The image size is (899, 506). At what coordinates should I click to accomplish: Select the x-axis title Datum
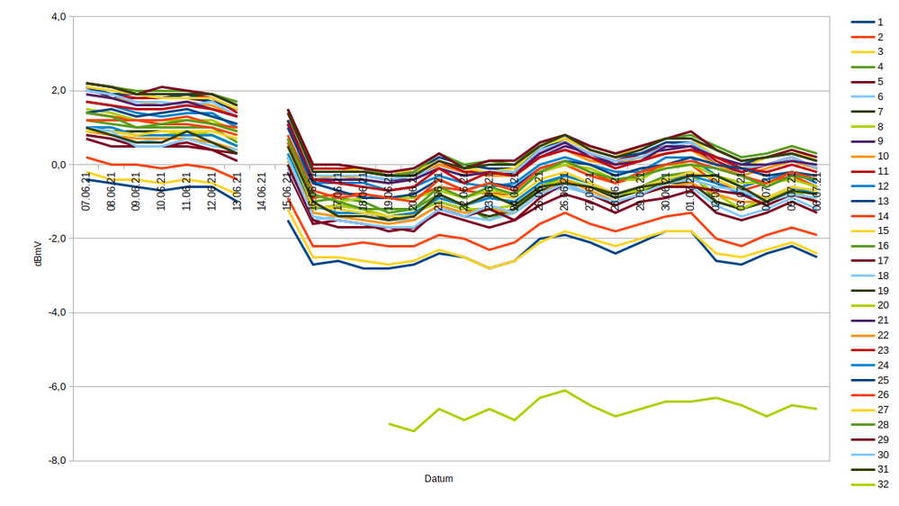tap(438, 479)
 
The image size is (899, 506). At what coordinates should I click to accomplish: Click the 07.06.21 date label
tap(86, 192)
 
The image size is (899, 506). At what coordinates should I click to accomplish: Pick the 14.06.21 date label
tap(262, 192)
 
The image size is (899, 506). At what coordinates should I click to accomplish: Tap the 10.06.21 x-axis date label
tap(162, 192)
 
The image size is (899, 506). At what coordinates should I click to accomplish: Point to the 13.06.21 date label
tap(237, 192)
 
